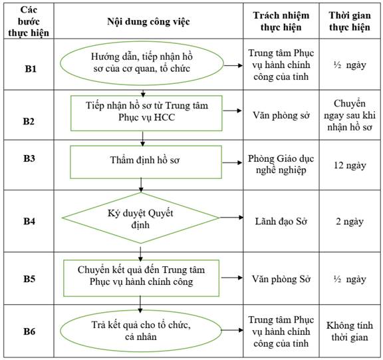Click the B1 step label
point(31,69)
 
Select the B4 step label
point(29,221)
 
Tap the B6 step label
point(29,331)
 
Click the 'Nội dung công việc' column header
point(148,21)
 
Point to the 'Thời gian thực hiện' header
point(350,21)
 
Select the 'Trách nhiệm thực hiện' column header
point(281,21)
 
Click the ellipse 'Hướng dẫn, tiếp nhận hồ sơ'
point(142,63)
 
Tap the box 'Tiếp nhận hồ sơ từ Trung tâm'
point(146,113)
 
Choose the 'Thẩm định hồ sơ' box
point(146,162)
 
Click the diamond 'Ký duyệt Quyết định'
point(141,218)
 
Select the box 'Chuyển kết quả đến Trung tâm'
point(141,278)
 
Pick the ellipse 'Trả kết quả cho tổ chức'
point(141,331)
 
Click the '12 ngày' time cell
point(350,166)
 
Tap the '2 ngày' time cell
point(350,222)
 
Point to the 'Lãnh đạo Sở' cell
point(281,222)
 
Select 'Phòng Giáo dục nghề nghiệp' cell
point(281,164)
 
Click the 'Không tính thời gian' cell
point(350,331)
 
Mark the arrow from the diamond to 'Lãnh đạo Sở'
point(231,218)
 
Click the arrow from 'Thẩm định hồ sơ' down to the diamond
point(141,185)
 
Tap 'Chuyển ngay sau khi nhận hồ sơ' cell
point(350,115)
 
